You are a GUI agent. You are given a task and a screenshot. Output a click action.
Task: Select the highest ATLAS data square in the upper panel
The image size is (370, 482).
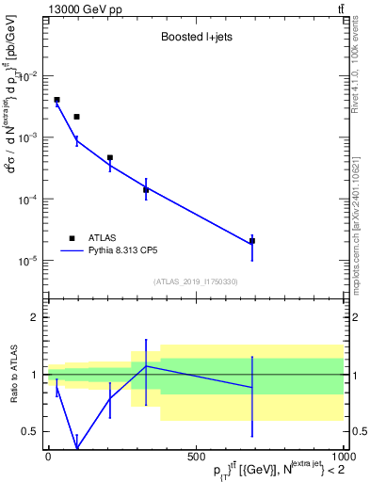pyautogui.click(x=56, y=100)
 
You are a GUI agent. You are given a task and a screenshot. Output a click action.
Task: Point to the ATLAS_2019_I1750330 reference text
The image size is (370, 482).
pyautogui.click(x=196, y=281)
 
